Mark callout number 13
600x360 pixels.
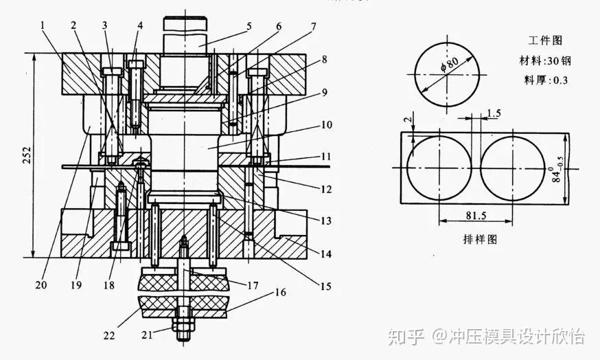point(325,221)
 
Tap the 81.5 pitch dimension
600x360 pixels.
point(475,215)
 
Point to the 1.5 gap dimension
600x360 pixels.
point(493,112)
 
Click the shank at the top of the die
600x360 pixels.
point(185,34)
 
